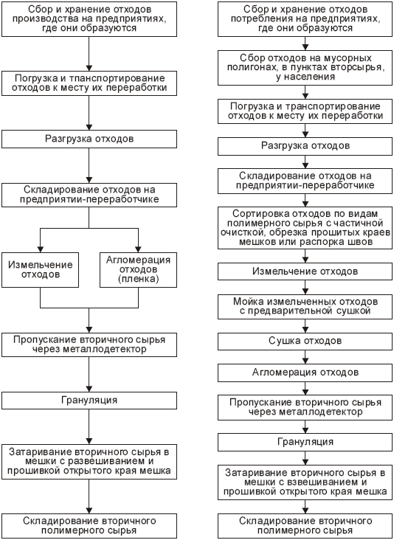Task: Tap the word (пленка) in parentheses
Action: click(x=138, y=279)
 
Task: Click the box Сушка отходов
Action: click(x=305, y=341)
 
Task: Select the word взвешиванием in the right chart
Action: click(x=328, y=482)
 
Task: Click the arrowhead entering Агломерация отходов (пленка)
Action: click(x=138, y=249)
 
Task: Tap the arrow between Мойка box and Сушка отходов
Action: click(x=305, y=326)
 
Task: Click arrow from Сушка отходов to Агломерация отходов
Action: click(x=305, y=357)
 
